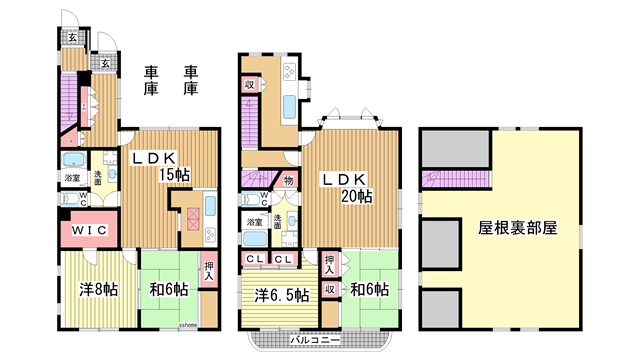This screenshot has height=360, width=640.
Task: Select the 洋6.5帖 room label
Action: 279,296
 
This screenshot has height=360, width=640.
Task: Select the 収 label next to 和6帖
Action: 328,290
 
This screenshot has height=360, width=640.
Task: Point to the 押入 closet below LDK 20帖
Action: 328,264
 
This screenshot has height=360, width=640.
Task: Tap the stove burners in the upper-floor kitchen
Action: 289,72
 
